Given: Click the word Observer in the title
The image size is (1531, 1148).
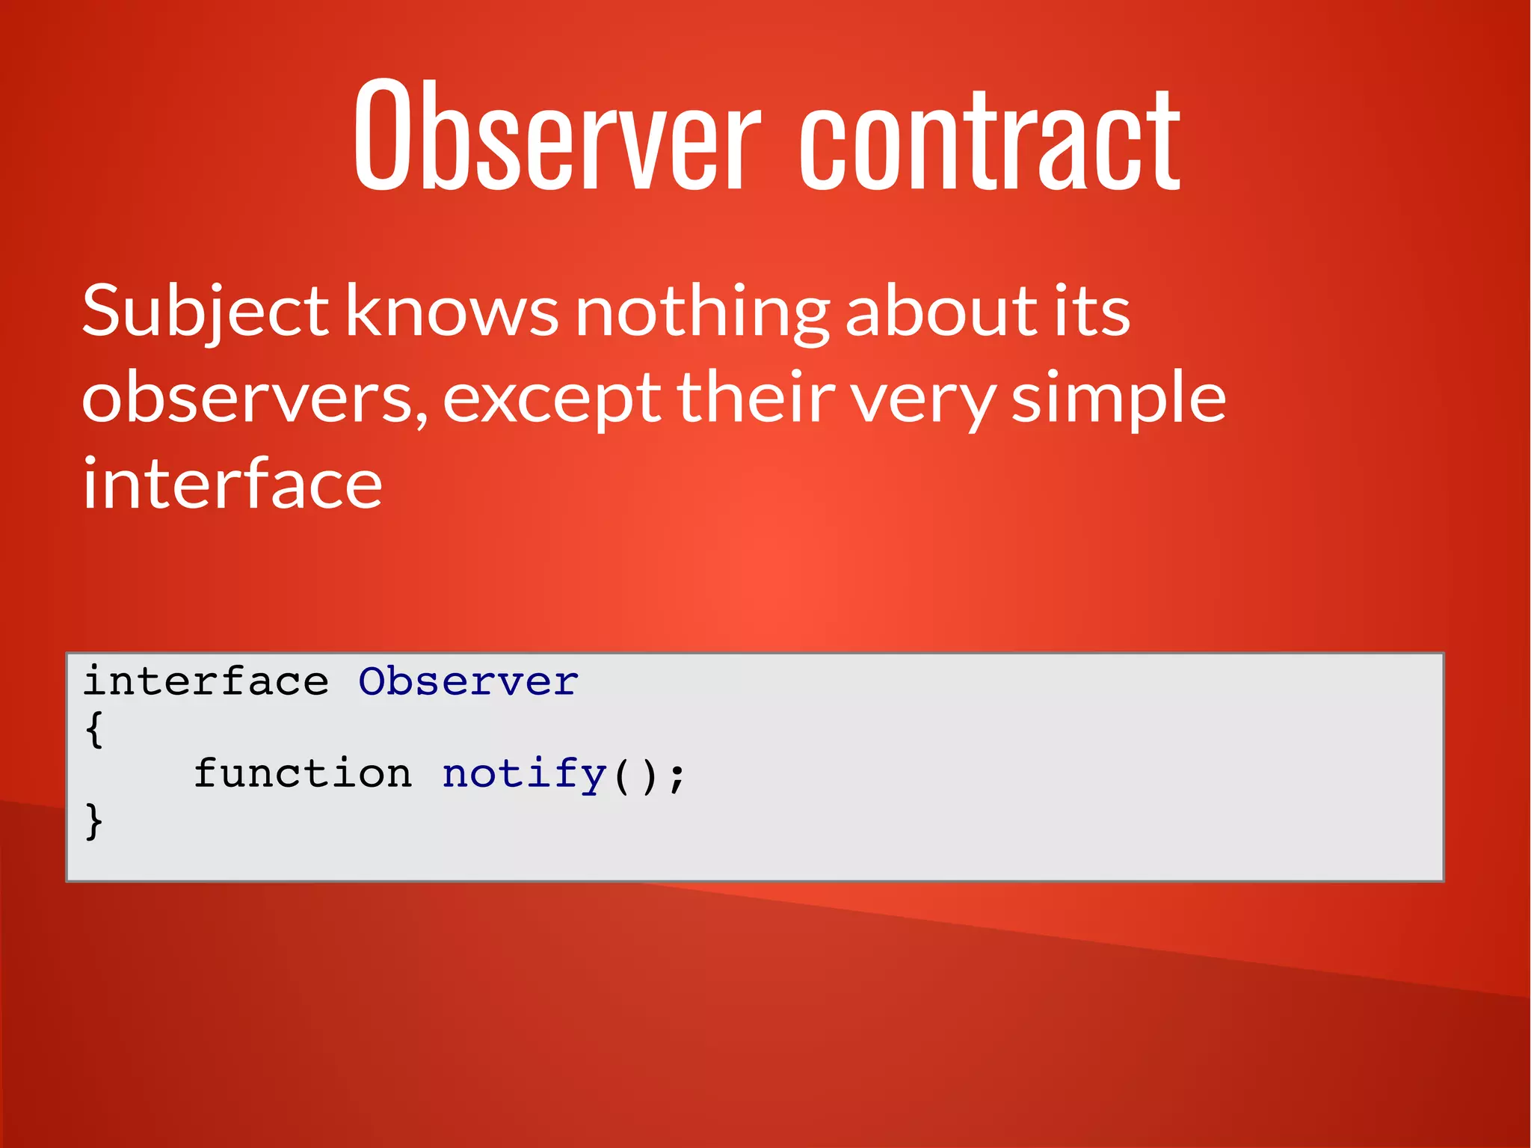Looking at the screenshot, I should [x=557, y=135].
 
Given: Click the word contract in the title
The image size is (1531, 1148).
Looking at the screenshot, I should [x=990, y=138].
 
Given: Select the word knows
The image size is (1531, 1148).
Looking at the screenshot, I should [x=452, y=310].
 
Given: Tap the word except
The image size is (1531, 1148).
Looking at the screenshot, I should [x=552, y=400].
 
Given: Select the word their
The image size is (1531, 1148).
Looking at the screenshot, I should [x=756, y=396].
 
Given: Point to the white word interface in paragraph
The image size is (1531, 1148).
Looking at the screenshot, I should [x=232, y=484].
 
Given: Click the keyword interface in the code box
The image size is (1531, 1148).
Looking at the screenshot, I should [x=206, y=681].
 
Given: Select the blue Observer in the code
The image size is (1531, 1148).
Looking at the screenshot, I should [x=468, y=681].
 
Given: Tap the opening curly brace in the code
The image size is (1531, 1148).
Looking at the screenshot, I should [x=94, y=728].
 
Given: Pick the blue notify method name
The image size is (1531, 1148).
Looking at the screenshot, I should [x=524, y=774].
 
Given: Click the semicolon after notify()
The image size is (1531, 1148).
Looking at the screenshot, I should [x=676, y=776].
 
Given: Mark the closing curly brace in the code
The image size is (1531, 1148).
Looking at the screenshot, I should [x=94, y=821].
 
